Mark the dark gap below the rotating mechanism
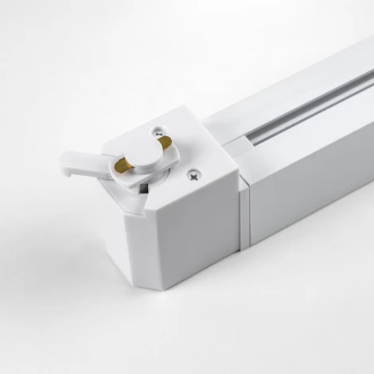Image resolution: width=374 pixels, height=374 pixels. point(142,189)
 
